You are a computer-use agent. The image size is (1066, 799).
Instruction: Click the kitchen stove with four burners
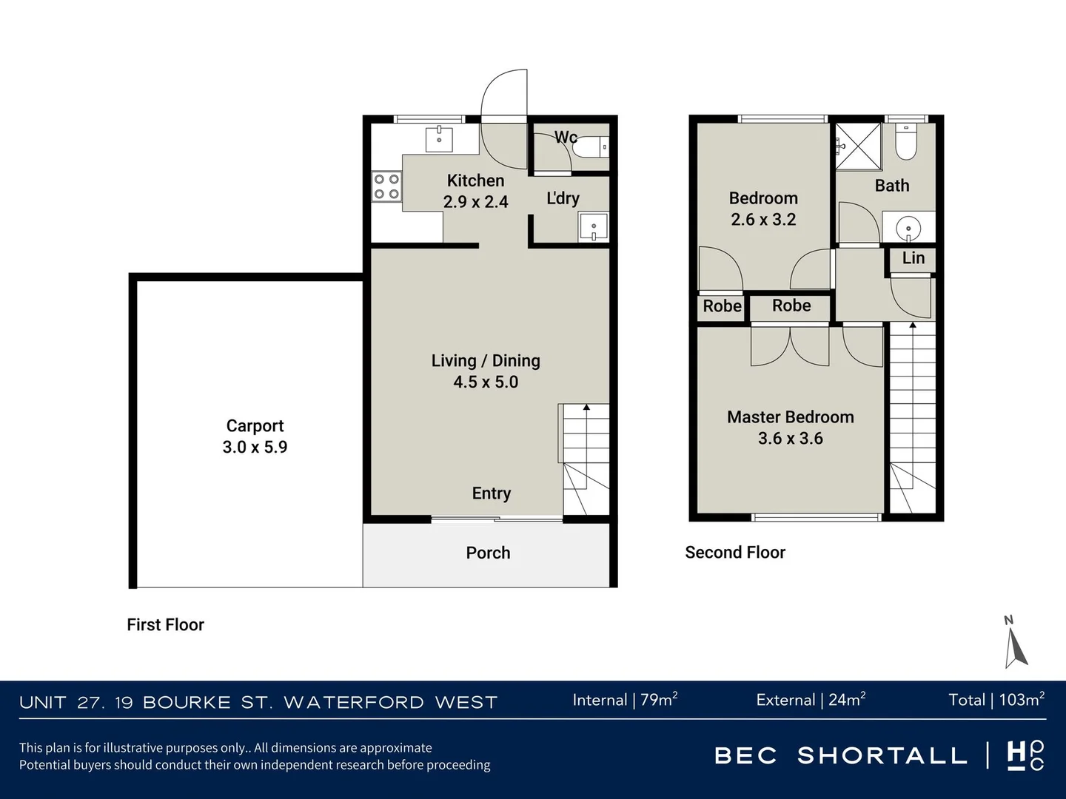pos(386,186)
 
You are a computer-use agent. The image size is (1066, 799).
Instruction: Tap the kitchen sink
pos(439,140)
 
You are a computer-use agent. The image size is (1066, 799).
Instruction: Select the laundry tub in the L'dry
pos(593,227)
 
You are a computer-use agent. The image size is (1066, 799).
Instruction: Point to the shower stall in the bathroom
pos(858,146)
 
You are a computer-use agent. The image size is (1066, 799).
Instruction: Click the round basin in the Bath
pos(908,227)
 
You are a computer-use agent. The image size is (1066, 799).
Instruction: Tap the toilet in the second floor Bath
pos(906,142)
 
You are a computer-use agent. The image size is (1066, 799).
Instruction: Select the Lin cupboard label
pos(913,258)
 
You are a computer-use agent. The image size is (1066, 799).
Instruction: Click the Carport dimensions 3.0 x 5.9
pos(255,447)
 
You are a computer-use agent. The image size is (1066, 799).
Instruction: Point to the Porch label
pos(488,553)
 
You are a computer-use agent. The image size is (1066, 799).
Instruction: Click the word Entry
pos(492,493)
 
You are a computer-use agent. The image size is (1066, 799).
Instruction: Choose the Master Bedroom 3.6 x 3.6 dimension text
pos(791,438)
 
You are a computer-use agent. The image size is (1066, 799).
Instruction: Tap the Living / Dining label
pos(486,361)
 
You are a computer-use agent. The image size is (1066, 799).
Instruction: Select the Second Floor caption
pos(735,552)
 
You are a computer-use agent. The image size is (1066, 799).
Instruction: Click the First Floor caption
pos(166,624)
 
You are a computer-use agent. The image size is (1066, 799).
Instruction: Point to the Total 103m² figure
pos(996,700)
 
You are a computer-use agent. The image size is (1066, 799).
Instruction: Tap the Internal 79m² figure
pos(625,700)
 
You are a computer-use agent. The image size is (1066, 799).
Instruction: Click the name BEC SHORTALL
pos(841,755)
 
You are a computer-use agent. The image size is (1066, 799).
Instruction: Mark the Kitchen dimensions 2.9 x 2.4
pos(475,201)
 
